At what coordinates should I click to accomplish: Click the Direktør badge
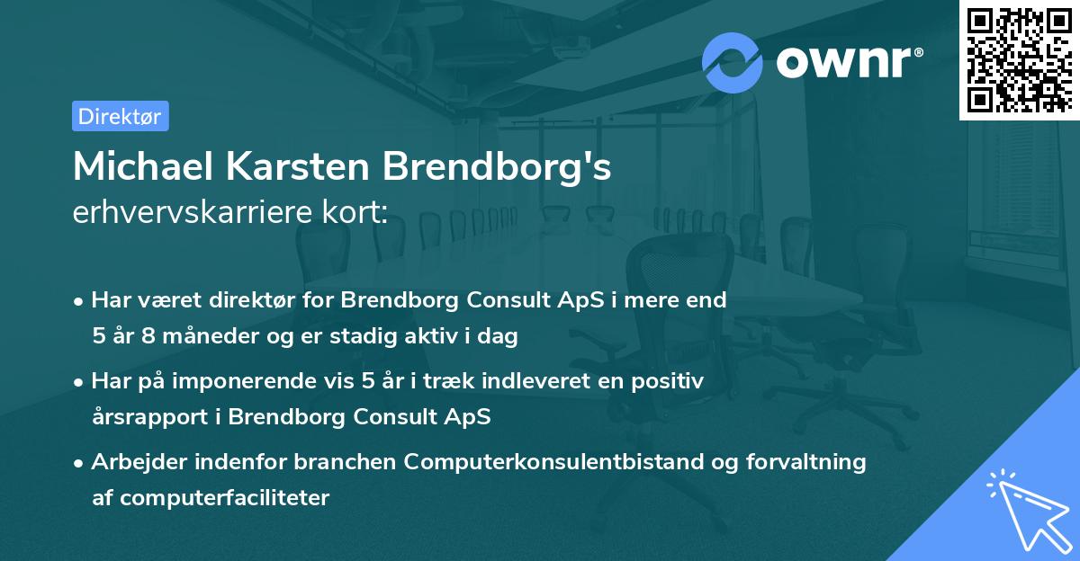click(120, 116)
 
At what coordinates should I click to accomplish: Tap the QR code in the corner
click(1019, 58)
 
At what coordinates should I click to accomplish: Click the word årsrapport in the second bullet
click(142, 417)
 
